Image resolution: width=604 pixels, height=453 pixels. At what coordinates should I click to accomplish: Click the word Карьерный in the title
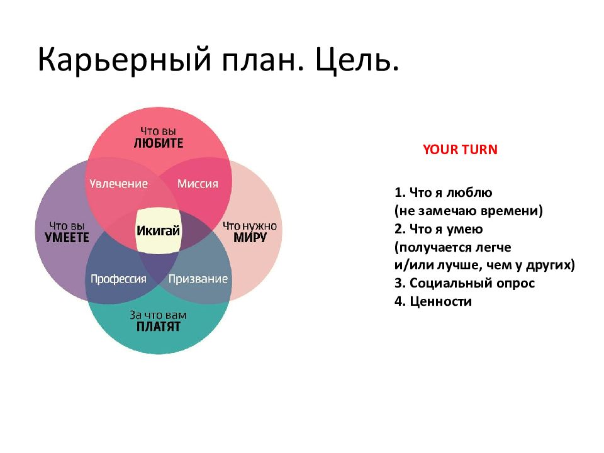125,60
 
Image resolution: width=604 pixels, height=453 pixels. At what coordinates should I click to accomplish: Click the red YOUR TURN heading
460,150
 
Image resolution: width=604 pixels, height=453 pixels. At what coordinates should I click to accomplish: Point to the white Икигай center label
159,231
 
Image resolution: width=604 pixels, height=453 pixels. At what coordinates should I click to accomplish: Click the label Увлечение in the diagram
119,184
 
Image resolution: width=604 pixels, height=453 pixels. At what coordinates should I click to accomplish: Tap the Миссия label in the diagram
198,184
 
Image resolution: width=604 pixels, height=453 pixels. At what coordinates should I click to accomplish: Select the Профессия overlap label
119,279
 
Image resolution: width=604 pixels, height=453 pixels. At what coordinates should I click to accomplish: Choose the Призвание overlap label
198,279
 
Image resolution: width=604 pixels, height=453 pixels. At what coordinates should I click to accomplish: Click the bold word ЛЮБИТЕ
159,143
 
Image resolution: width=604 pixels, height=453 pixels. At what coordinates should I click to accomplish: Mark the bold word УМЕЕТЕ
67,237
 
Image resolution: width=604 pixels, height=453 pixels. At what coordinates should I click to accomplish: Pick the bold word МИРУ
250,237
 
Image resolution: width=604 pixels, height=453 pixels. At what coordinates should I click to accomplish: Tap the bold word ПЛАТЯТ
159,327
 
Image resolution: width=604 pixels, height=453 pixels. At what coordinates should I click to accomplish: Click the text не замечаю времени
469,211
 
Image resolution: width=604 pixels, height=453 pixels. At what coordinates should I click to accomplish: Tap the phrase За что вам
158,315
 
